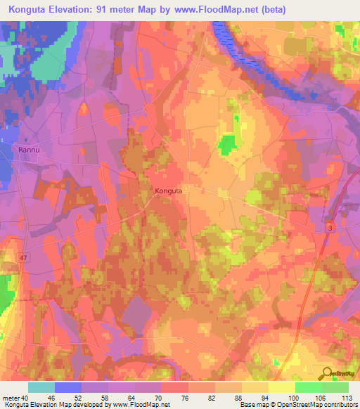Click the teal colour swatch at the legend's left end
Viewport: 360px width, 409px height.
41,387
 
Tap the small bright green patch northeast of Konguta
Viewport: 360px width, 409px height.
227,145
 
